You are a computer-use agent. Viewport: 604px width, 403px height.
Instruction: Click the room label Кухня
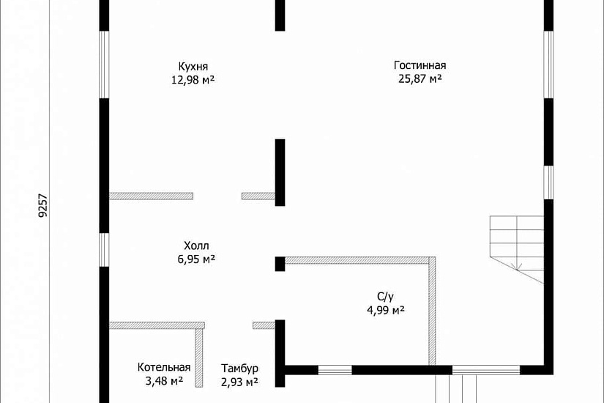click(193, 67)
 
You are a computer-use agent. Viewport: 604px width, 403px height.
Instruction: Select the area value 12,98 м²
click(193, 80)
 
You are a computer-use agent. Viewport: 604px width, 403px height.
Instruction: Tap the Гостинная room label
click(420, 64)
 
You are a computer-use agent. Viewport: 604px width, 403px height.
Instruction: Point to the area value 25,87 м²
click(420, 78)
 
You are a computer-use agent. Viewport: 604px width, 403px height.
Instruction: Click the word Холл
click(196, 245)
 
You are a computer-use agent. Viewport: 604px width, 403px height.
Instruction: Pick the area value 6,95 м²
click(196, 259)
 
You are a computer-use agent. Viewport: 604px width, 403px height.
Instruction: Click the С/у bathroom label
click(386, 297)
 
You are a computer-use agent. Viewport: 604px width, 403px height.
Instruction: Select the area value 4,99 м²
click(386, 310)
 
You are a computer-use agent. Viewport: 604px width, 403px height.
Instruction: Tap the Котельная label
click(164, 367)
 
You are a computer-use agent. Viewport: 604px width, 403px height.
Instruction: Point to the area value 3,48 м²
click(164, 381)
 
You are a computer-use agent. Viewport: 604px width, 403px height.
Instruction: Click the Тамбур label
click(239, 369)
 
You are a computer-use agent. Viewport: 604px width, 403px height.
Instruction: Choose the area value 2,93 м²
click(239, 382)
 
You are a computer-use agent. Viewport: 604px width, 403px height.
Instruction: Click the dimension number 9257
click(43, 205)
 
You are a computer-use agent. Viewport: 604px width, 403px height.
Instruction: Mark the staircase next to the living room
click(517, 249)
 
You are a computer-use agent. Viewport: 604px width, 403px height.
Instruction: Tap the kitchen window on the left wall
click(104, 64)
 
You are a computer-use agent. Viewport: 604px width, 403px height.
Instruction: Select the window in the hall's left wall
click(104, 250)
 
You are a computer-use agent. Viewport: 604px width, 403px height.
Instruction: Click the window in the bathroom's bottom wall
click(335, 370)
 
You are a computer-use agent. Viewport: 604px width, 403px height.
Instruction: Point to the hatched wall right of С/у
click(433, 311)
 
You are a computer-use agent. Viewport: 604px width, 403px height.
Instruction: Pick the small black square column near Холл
click(280, 264)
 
